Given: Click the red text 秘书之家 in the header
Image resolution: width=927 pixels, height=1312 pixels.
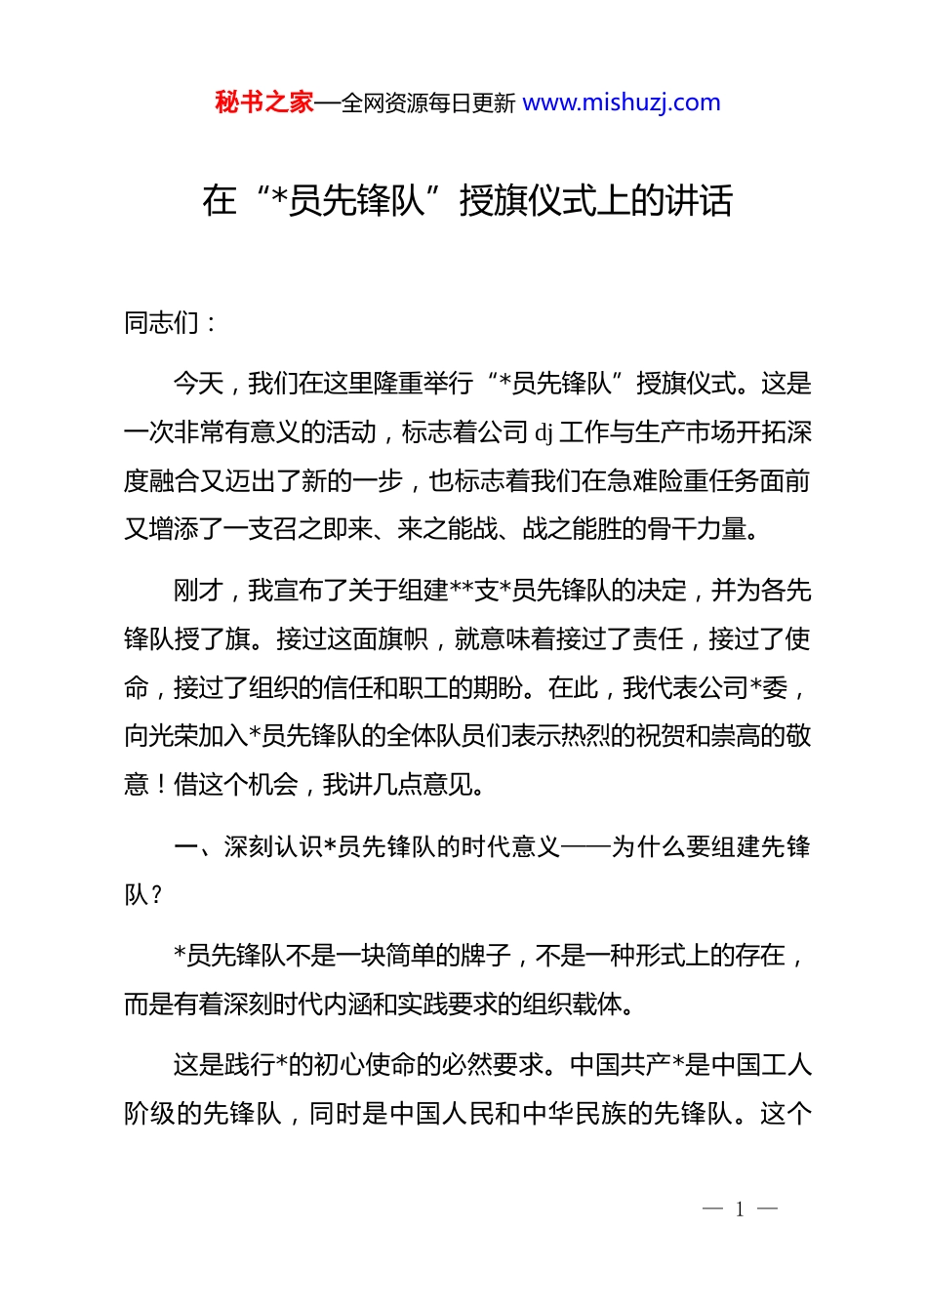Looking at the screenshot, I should [264, 102].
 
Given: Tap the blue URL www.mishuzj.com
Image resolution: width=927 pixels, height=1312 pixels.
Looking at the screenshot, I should [622, 102].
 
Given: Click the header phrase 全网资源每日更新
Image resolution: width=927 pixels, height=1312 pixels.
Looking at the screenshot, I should [427, 103].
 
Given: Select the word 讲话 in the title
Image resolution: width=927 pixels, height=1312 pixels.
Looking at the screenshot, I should [699, 201].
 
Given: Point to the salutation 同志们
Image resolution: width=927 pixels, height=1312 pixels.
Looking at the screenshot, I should [161, 323].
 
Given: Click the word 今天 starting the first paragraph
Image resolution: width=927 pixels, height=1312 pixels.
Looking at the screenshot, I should [198, 384].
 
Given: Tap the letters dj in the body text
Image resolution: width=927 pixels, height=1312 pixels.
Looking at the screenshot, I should [544, 432].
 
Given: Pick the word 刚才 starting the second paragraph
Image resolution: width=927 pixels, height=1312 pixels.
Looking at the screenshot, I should [198, 591].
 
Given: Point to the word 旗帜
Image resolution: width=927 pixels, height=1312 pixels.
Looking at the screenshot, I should [402, 639].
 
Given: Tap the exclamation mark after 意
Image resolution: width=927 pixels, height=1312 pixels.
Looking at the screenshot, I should [161, 785].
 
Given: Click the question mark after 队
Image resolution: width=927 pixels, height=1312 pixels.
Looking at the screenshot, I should [156, 895].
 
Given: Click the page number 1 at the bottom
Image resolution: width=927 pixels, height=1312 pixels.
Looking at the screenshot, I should [740, 1210].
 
